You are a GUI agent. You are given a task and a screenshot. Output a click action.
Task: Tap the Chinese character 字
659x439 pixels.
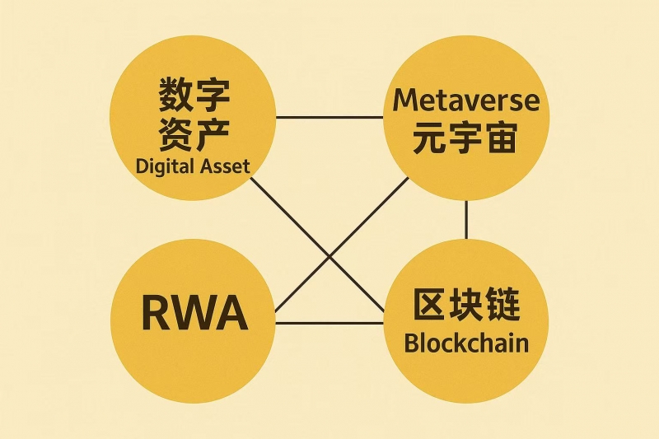point(212,97)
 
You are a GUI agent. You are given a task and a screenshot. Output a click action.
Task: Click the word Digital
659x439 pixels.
point(165,166)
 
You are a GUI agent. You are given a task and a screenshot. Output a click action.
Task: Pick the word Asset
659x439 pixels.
point(225,166)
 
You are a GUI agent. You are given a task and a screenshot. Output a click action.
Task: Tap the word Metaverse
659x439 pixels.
point(466,100)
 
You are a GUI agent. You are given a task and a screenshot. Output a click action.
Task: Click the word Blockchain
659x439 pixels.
point(465,343)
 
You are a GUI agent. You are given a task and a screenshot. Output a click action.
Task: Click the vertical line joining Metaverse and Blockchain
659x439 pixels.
point(467,219)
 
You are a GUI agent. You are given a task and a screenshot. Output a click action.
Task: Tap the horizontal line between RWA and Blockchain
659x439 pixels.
point(329,323)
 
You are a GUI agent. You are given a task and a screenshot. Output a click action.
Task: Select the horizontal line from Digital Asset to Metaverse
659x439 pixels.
point(329,117)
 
